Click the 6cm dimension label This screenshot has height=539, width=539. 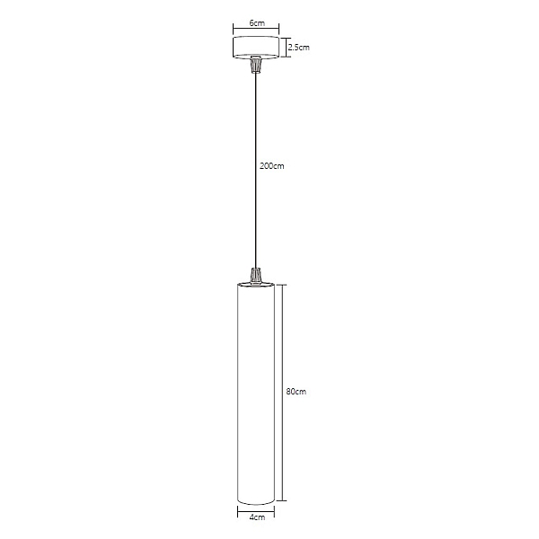[x=257, y=23]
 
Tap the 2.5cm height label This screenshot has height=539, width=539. [x=299, y=47]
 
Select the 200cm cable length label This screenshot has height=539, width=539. [x=272, y=166]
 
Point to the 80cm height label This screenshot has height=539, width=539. [x=296, y=392]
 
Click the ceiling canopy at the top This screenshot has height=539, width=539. [x=256, y=47]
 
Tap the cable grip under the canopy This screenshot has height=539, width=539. [x=255, y=65]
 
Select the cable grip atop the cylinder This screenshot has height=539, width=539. [x=255, y=277]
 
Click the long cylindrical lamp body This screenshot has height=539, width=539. [x=256, y=393]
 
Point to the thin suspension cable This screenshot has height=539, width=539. [x=255, y=171]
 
